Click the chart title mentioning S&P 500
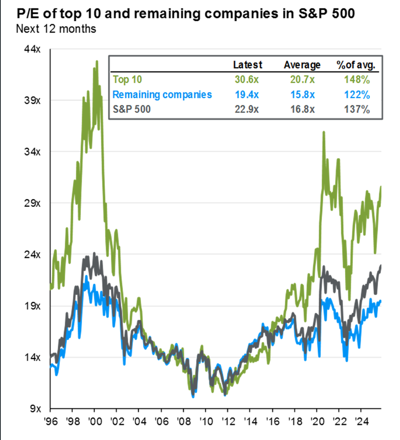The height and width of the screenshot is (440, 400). [x=184, y=14]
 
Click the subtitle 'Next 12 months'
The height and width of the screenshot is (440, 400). [x=56, y=29]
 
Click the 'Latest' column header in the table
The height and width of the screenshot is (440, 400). [x=247, y=65]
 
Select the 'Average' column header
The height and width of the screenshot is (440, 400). [x=302, y=65]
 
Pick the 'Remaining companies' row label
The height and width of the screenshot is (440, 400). [x=162, y=94]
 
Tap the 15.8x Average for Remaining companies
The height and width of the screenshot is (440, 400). [x=302, y=94]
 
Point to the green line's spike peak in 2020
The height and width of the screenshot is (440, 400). [x=324, y=132]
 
